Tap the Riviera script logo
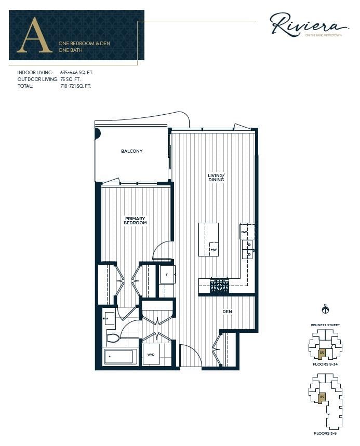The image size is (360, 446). click(308, 25)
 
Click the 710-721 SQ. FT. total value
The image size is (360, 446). click(75, 86)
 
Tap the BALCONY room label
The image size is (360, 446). click(131, 151)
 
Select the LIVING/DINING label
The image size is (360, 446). click(216, 178)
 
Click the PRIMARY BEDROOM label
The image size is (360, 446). click(135, 221)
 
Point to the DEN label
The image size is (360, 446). click(227, 312)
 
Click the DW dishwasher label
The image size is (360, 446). click(244, 232)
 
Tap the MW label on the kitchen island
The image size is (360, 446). click(213, 250)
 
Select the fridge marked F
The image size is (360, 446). click(167, 274)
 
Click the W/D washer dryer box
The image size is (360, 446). click(151, 355)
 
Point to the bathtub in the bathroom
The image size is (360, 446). click(120, 357)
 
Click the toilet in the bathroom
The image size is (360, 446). click(113, 338)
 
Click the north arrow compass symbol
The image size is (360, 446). click(326, 310)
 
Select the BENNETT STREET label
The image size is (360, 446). click(326, 325)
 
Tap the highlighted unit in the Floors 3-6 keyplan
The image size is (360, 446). click(322, 398)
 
